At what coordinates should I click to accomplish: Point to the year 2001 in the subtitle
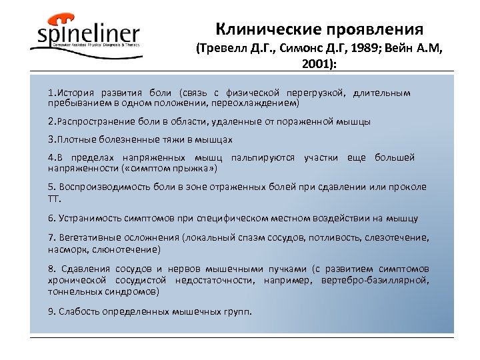click(x=319, y=67)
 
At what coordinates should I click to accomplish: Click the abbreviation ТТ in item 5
click(x=53, y=198)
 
